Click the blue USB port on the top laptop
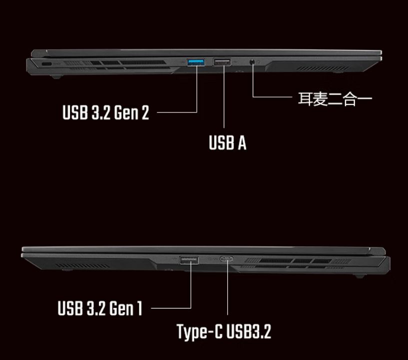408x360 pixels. pyautogui.click(x=196, y=62)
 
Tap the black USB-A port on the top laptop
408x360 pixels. pyautogui.click(x=222, y=62)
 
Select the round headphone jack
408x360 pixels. pyautogui.click(x=253, y=62)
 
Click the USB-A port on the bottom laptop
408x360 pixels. pyautogui.click(x=189, y=259)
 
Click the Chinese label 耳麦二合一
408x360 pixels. pyautogui.click(x=335, y=98)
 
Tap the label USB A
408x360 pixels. pyautogui.click(x=227, y=143)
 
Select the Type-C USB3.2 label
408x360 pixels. pyautogui.click(x=224, y=331)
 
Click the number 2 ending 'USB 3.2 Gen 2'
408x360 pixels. pyautogui.click(x=145, y=112)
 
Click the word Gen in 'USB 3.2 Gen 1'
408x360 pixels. pyautogui.click(x=120, y=308)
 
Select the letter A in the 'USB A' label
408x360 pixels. pyautogui.click(x=241, y=143)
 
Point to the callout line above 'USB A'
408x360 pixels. pyautogui.click(x=223, y=100)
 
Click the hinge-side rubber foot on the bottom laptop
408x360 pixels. pyautogui.click(x=359, y=275)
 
